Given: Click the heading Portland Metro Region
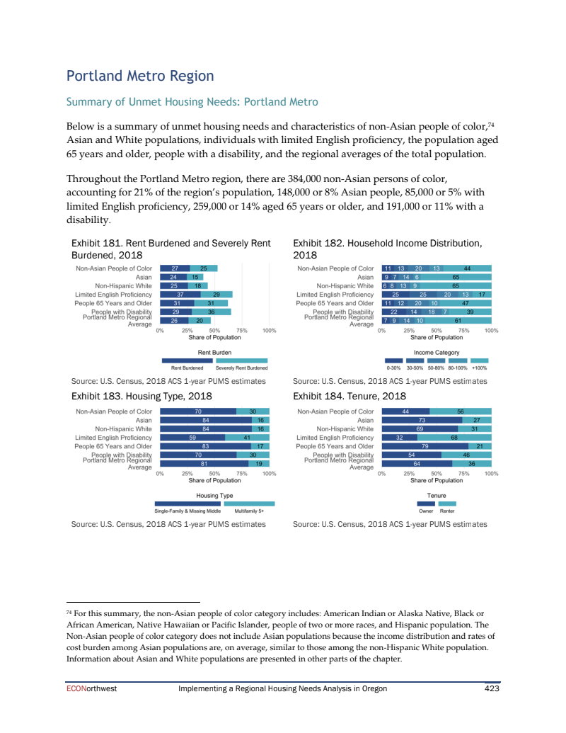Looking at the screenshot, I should click(139, 76).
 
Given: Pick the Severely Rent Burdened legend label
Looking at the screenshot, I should click(241, 368).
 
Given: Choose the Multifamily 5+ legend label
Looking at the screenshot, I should click(248, 511).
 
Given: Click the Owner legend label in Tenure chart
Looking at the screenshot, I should click(426, 511).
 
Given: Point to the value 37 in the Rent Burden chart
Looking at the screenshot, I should click(180, 295).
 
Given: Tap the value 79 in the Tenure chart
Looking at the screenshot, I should click(424, 446).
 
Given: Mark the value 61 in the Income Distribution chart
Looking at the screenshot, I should click(458, 320).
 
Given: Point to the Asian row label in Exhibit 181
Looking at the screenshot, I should click(144, 277).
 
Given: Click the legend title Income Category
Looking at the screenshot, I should click(437, 352).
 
